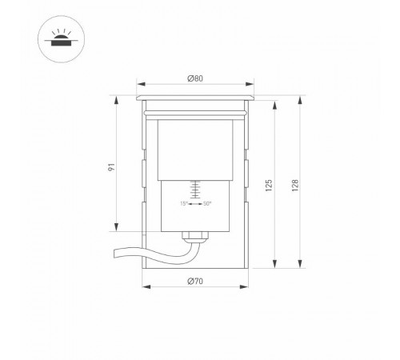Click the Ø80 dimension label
[x=195, y=78]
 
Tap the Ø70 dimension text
[x=195, y=281]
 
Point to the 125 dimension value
[x=270, y=186]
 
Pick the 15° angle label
[x=183, y=204]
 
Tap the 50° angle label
[x=207, y=204]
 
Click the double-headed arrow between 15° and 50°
[x=195, y=204]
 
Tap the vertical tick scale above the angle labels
[x=195, y=190]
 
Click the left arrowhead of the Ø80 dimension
[x=138, y=84]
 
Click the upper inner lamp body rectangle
[x=195, y=149]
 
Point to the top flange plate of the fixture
[x=196, y=97]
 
